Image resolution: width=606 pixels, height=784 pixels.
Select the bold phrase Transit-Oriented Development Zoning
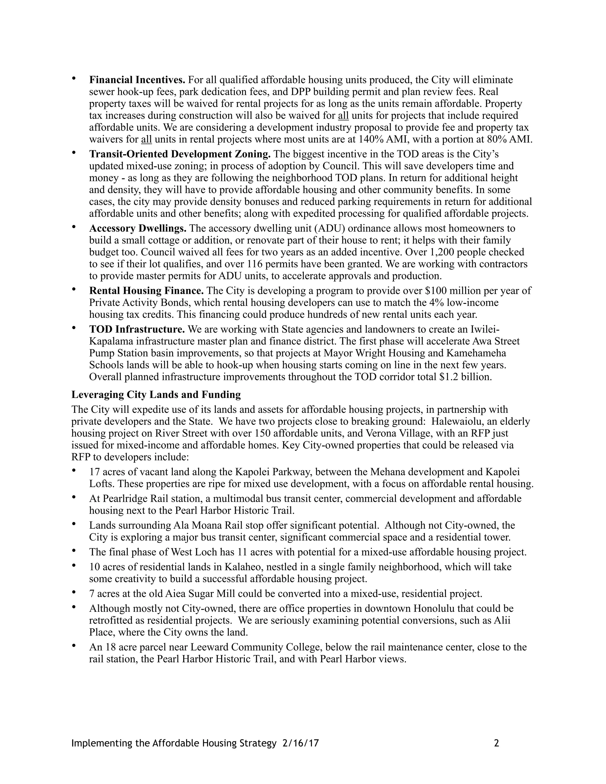point(180,154)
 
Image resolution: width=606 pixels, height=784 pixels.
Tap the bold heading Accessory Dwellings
point(138,228)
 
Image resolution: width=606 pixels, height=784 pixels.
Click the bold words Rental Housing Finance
point(146,291)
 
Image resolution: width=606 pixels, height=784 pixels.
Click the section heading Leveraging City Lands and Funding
point(156,394)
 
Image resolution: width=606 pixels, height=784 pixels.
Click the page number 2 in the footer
point(497,743)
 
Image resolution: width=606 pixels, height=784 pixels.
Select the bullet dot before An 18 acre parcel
point(74,646)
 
